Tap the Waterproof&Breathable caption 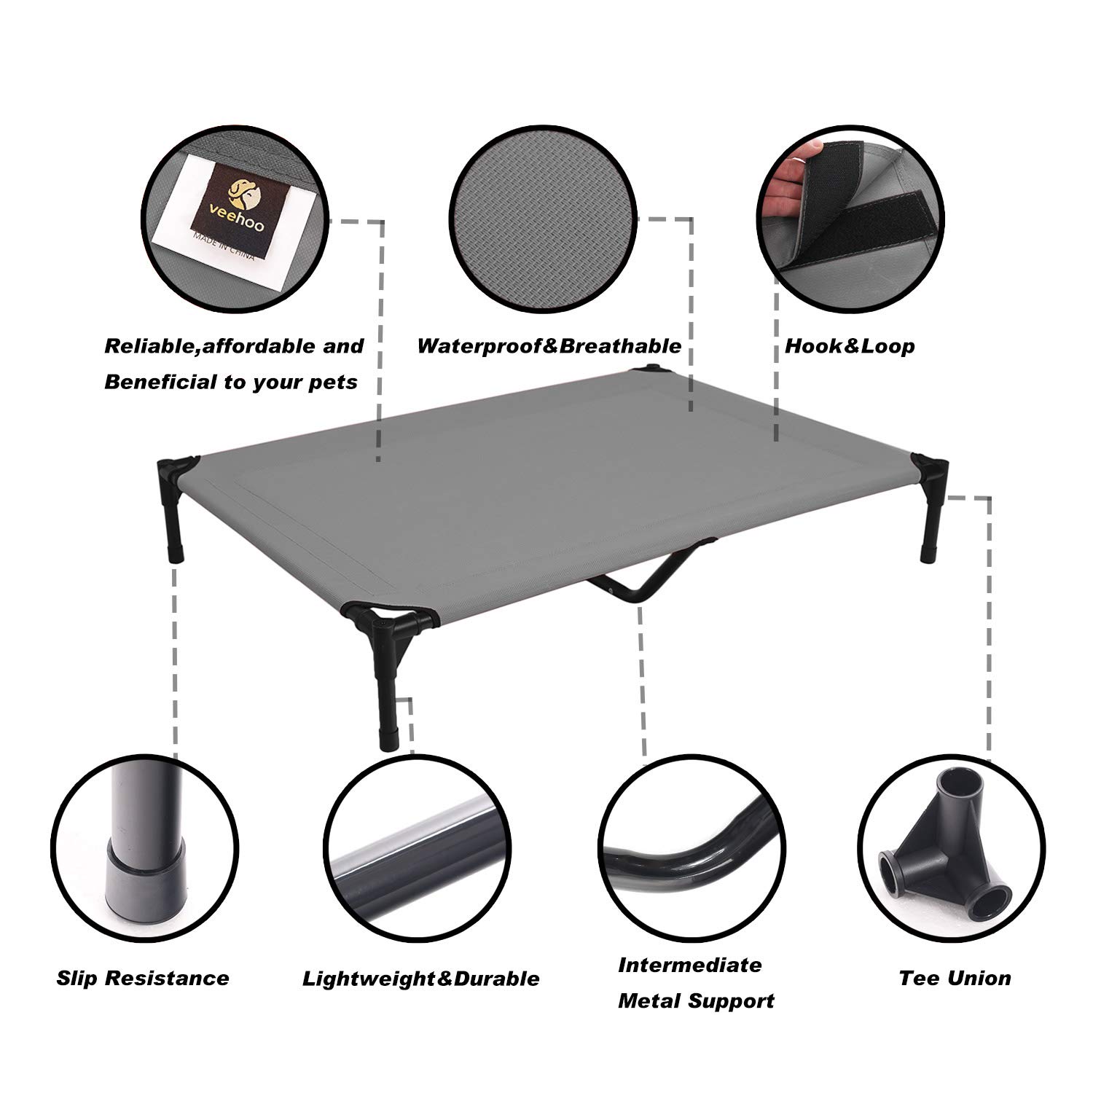tap(549, 345)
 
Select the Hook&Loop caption tap(850, 345)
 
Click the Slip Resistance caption tap(143, 978)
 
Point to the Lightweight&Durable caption tap(421, 979)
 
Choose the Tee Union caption tap(955, 978)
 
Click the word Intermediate tap(690, 965)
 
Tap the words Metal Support tap(696, 1001)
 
